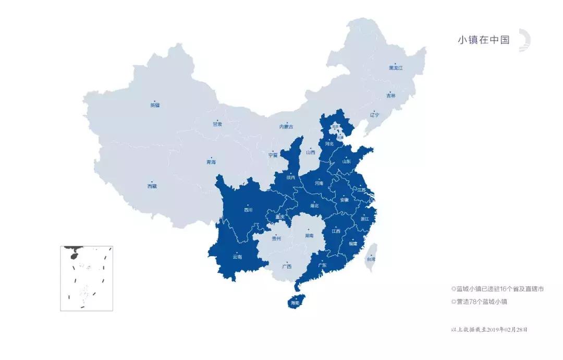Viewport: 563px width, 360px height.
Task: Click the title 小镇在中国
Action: [483, 40]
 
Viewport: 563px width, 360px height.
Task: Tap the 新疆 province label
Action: [155, 105]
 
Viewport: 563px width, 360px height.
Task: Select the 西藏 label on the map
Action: [152, 186]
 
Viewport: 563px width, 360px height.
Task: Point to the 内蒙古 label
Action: [286, 127]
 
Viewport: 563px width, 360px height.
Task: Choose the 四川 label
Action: [248, 210]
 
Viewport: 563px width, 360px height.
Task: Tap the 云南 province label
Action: [237, 257]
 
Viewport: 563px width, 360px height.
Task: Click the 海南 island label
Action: [295, 303]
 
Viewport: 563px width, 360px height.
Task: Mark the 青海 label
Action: [211, 162]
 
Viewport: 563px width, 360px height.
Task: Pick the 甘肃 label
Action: [217, 124]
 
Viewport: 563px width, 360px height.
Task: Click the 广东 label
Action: [322, 265]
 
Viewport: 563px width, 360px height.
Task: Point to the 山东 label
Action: [346, 161]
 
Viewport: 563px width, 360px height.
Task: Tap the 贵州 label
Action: [276, 238]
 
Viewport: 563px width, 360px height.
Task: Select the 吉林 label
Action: [391, 95]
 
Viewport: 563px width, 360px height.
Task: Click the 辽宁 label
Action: [374, 115]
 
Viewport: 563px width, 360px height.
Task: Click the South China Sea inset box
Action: [86, 278]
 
